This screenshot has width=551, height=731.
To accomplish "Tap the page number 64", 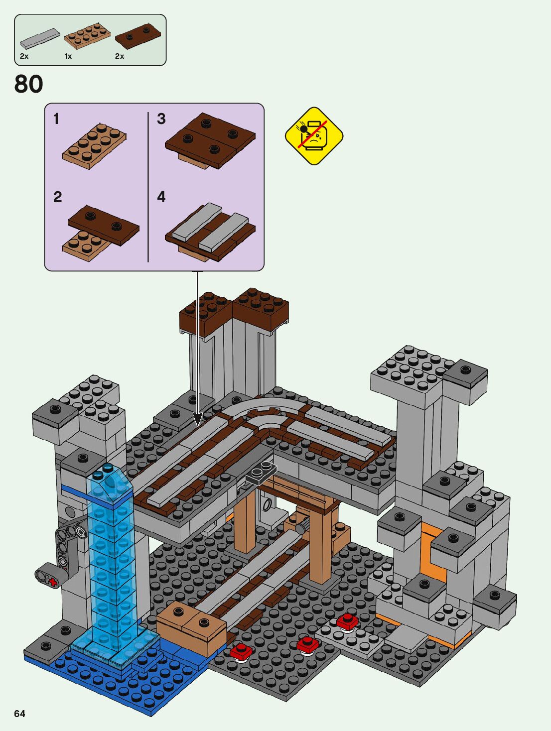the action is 19,714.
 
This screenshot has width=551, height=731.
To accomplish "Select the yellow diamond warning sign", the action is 314,136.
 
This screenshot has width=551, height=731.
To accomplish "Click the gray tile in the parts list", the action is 40,39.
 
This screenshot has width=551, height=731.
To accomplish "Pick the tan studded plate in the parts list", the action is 87,36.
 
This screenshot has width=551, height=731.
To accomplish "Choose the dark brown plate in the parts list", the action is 138,36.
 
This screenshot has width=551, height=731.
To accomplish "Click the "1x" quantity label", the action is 68,56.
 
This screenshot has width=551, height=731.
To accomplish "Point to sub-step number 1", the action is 56,119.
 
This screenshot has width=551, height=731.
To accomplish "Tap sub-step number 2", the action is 57,197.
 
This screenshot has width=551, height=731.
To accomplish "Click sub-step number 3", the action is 161,119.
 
